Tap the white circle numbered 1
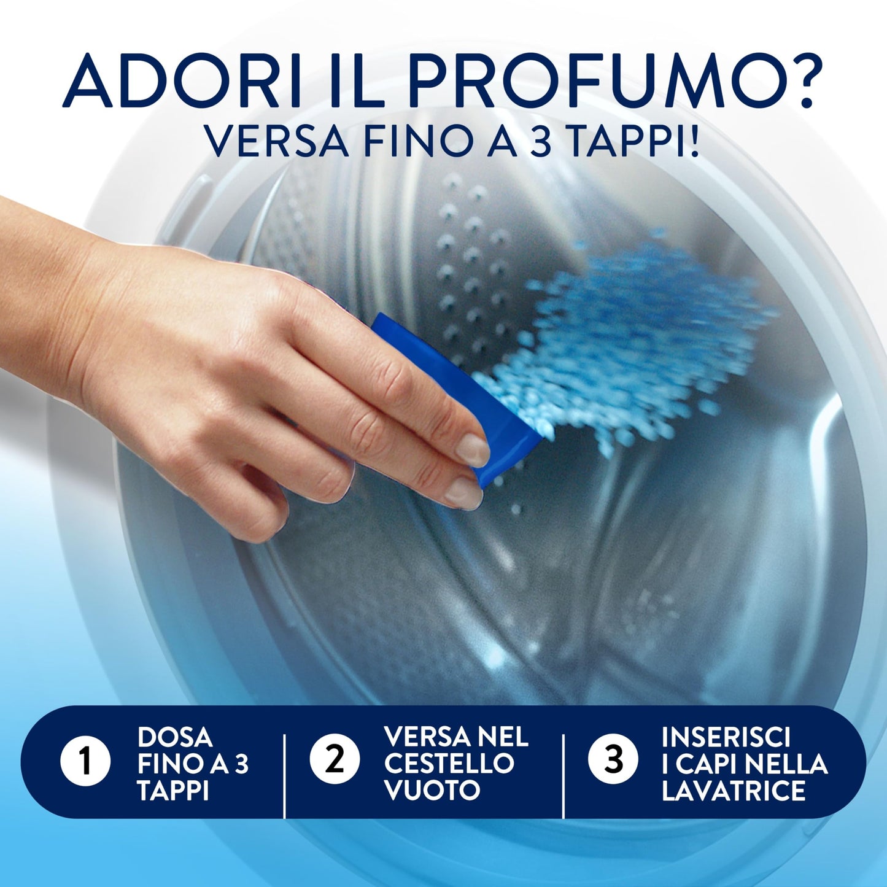point(85,762)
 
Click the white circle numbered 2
point(335,761)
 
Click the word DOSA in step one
point(175,737)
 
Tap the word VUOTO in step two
point(432,790)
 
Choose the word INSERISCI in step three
point(726,737)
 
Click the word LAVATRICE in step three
point(734,791)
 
